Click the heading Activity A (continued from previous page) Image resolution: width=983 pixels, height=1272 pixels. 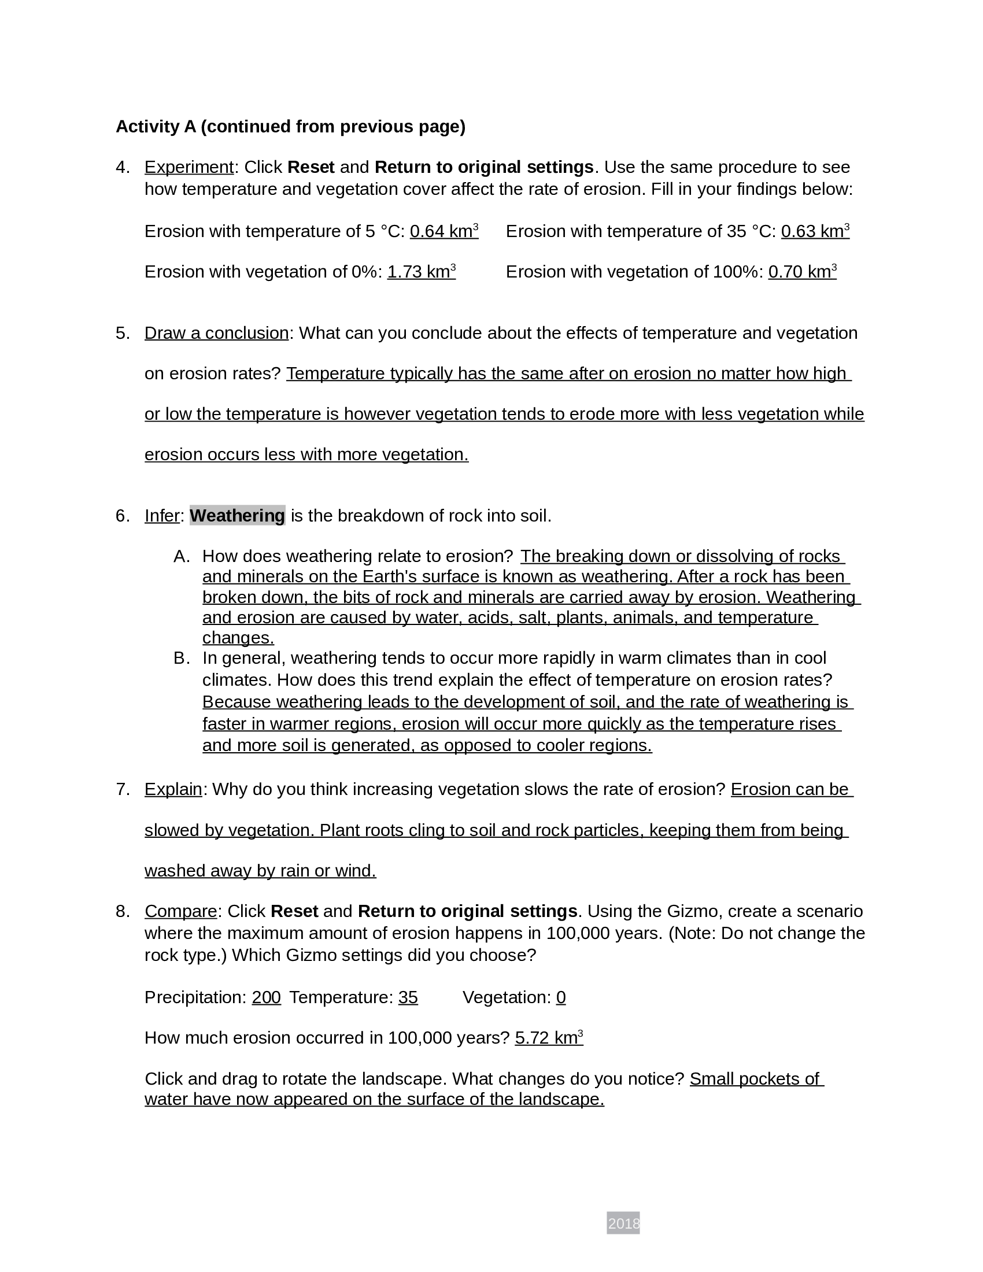[x=290, y=127]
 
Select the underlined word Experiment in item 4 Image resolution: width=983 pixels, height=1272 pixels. [x=189, y=167]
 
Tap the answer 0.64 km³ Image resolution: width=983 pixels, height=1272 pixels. [x=444, y=231]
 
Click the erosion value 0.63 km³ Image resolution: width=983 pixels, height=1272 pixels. [x=815, y=231]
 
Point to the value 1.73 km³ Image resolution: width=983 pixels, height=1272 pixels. [x=421, y=272]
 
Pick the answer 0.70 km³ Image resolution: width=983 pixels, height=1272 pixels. [x=802, y=272]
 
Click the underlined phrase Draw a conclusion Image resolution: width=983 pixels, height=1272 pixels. [x=216, y=333]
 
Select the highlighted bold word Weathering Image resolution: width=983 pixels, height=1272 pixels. [x=237, y=515]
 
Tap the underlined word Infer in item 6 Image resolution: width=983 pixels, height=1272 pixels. [x=162, y=515]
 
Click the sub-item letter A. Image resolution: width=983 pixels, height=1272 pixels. [x=181, y=556]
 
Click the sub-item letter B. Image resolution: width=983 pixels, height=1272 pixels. [x=181, y=658]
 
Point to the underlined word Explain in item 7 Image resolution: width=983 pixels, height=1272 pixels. [x=173, y=789]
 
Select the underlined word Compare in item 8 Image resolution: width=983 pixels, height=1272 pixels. [x=180, y=911]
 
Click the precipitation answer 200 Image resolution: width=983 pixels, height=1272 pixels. [x=266, y=997]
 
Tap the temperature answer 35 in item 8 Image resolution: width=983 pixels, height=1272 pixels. [x=408, y=997]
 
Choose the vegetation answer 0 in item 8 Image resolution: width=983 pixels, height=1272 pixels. [x=560, y=997]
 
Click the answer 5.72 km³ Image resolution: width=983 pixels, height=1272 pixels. [x=549, y=1038]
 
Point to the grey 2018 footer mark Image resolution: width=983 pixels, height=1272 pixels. [x=623, y=1223]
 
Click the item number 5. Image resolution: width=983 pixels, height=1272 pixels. [x=122, y=333]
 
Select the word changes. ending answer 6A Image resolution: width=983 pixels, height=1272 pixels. [x=238, y=638]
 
